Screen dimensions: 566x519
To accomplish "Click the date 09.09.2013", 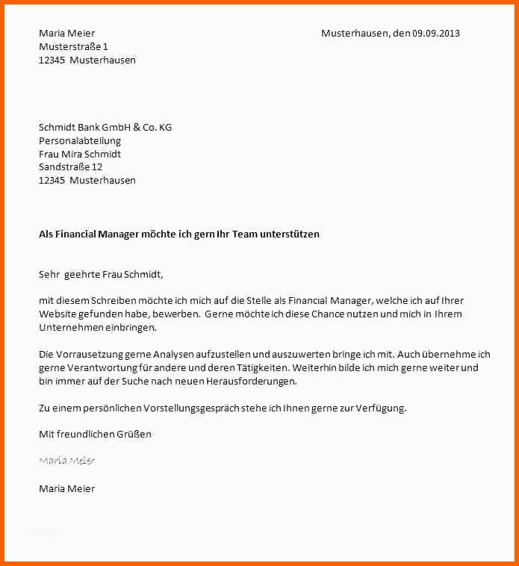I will (x=436, y=33).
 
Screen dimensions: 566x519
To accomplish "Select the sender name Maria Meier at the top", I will (x=66, y=33).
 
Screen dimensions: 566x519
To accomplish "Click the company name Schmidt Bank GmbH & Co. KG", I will (x=105, y=127).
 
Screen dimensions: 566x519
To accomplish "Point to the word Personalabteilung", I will (x=80, y=140).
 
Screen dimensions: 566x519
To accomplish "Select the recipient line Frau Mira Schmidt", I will (x=80, y=154).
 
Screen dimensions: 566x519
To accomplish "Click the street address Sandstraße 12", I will (x=70, y=167).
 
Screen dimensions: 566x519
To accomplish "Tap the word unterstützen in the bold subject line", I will (x=289, y=234).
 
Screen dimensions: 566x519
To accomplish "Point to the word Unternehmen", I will (x=69, y=327).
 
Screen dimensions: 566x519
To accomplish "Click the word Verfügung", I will (x=380, y=408).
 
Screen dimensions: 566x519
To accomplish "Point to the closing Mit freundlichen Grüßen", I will (x=95, y=434).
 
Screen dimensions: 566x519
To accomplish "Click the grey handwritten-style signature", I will (x=66, y=461).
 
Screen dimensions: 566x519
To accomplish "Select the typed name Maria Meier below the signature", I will (x=66, y=488).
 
